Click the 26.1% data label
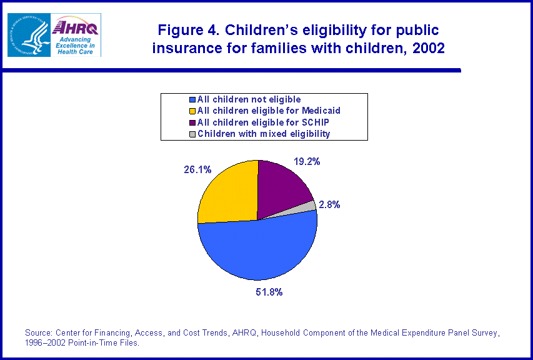(x=181, y=169)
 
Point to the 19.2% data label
(x=306, y=161)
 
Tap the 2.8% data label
(x=329, y=204)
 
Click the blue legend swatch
(x=192, y=99)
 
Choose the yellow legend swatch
(x=192, y=111)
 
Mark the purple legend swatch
(x=192, y=122)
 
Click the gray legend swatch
(x=192, y=134)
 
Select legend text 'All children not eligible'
(x=249, y=99)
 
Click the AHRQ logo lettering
(x=76, y=27)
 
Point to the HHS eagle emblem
(x=28, y=34)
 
